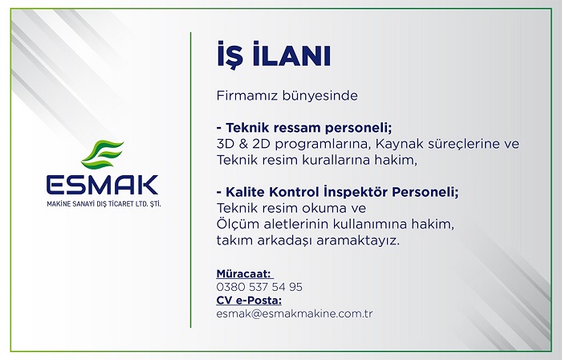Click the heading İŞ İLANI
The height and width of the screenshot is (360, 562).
[274, 55]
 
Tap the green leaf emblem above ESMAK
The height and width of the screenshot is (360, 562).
[103, 154]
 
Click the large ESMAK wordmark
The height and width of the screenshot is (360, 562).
[103, 184]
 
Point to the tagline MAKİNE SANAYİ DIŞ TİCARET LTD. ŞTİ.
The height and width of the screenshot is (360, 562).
[104, 204]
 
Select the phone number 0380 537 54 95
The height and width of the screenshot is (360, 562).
[259, 287]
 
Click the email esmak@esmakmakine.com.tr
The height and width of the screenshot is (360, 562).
[295, 313]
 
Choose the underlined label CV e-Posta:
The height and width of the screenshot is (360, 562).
[249, 300]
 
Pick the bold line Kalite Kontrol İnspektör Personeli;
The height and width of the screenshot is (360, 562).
[342, 192]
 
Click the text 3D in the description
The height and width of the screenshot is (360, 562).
[226, 144]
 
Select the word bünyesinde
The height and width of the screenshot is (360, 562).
[320, 96]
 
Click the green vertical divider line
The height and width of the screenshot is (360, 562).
[191, 180]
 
